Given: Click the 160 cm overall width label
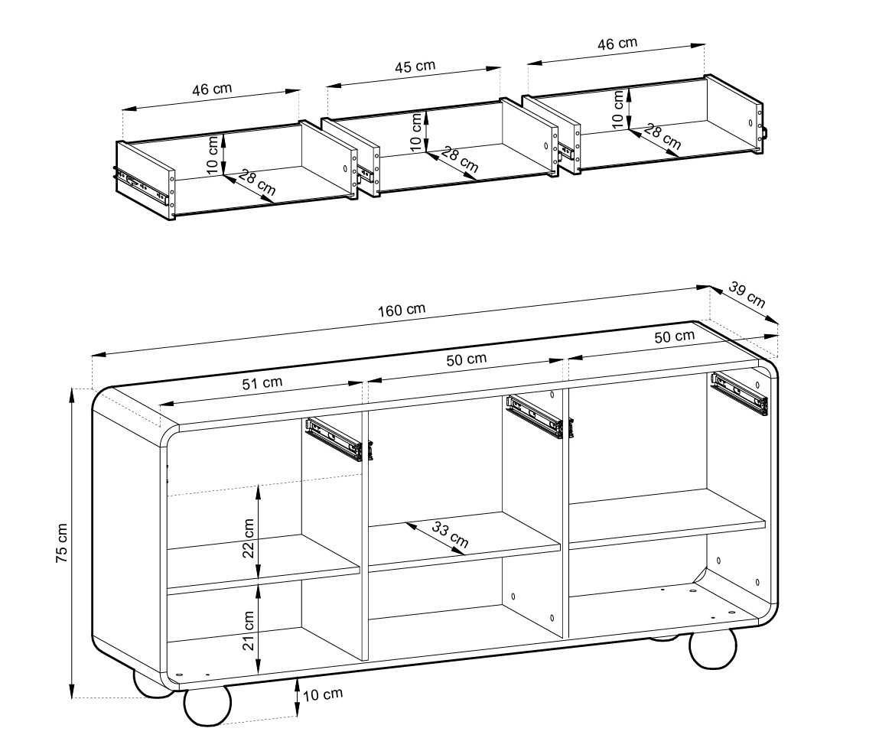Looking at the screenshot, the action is (402, 310).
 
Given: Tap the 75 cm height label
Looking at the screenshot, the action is (62, 543).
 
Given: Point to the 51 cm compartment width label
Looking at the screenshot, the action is (262, 383).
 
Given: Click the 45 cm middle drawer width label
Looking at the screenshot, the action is (415, 67).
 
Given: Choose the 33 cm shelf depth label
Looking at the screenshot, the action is (450, 534).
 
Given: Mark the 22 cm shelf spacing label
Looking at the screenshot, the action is (249, 538).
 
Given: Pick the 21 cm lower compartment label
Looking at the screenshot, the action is (249, 630).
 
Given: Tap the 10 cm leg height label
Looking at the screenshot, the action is (322, 695).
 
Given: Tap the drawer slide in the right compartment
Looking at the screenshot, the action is (740, 393).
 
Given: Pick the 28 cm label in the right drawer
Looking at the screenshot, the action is (662, 137).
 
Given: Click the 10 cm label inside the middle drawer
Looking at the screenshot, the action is (415, 132).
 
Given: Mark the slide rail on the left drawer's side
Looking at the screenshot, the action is (142, 186).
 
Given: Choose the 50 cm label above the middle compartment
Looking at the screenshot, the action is (467, 359).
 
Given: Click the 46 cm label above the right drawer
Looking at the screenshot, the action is (617, 44).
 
